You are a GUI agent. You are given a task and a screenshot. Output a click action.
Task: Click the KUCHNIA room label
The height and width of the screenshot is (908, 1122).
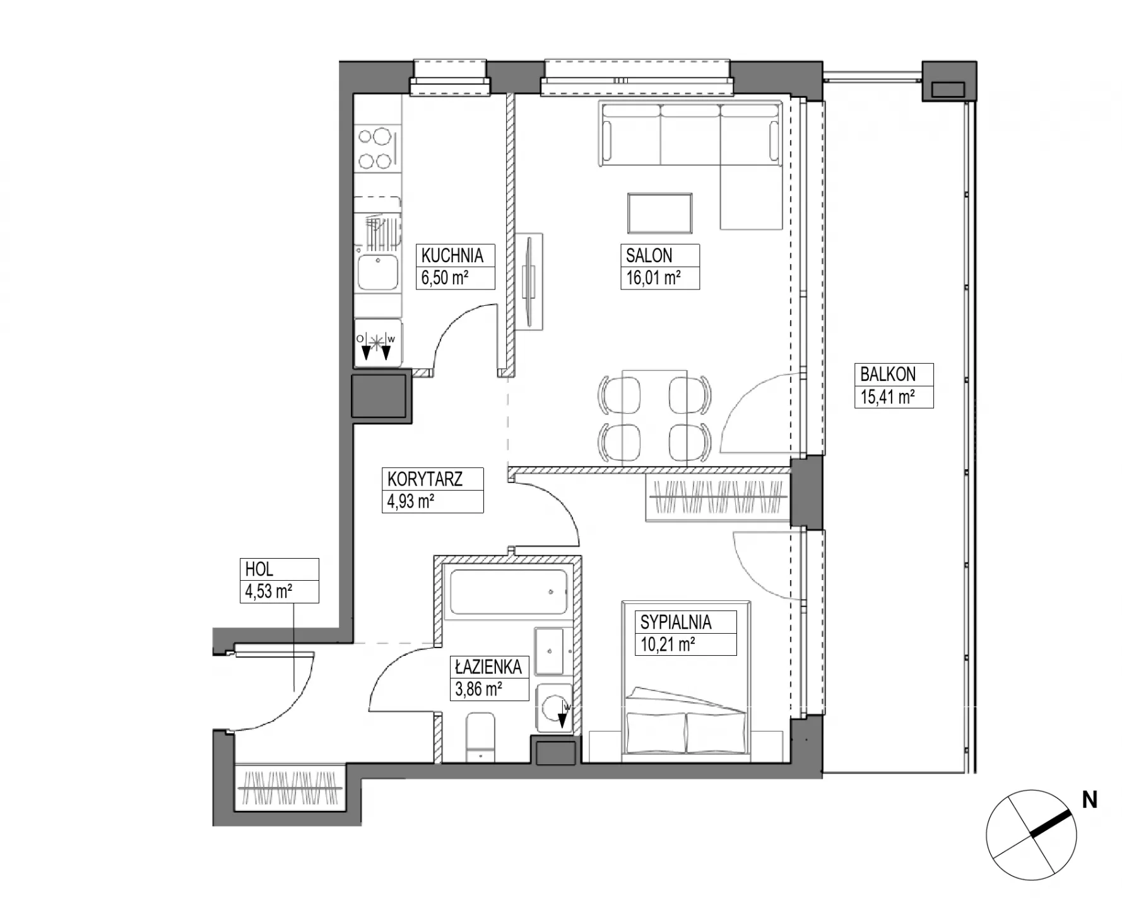(452, 255)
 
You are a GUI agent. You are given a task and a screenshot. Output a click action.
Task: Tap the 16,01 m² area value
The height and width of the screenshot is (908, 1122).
(653, 277)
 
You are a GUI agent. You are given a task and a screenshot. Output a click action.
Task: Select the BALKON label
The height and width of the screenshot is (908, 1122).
(888, 374)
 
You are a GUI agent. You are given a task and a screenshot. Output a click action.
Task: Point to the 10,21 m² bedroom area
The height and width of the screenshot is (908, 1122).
(668, 644)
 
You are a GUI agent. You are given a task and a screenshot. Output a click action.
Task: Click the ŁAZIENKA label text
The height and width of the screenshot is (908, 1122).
(488, 666)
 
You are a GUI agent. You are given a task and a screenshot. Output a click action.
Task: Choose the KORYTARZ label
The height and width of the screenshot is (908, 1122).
(425, 479)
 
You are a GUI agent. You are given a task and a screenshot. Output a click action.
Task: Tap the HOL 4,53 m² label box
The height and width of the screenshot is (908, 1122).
(280, 580)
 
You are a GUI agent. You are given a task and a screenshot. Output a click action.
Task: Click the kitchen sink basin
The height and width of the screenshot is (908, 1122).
(377, 272)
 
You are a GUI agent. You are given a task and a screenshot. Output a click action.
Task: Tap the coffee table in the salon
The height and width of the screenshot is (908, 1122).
(660, 213)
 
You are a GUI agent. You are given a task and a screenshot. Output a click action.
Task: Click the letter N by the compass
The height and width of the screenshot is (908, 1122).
(1089, 800)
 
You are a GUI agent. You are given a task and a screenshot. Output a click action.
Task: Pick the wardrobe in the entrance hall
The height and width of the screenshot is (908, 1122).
(290, 788)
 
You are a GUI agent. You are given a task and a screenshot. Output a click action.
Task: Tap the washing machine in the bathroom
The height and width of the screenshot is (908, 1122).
(554, 708)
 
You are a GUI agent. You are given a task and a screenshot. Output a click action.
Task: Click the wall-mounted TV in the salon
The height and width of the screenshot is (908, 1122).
(529, 281)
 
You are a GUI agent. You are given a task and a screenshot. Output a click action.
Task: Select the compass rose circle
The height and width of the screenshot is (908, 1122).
(1031, 835)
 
